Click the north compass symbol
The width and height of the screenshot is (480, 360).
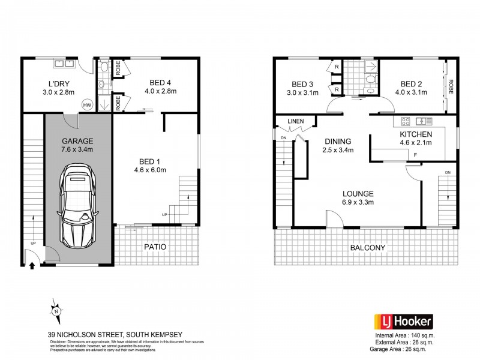point(55,311)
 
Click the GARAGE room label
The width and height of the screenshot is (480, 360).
point(78,142)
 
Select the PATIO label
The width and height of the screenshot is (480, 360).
point(155,247)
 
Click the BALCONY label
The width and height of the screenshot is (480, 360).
point(367,247)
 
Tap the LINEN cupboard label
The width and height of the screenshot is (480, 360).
point(296,122)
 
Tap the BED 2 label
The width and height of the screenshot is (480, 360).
point(413,84)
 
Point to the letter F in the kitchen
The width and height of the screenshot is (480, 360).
point(414,155)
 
